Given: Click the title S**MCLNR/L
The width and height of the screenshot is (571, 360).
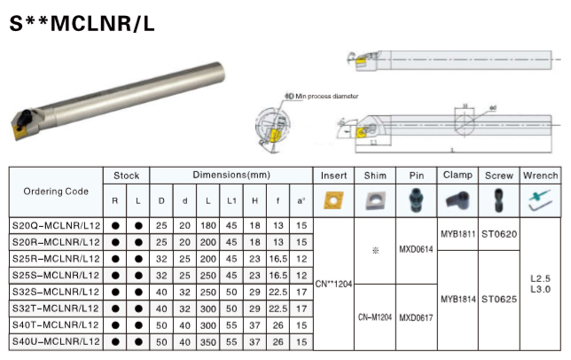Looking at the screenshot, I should pos(82,24).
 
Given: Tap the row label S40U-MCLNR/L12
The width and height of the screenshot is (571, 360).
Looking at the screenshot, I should pos(55,340).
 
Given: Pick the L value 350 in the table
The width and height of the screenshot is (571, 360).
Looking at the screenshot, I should pos(207,340).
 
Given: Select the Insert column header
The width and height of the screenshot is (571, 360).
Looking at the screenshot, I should pos(333,176).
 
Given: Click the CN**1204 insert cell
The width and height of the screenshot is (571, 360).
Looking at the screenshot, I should pos(333,284).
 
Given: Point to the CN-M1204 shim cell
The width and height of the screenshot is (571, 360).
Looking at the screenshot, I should pos(375,317).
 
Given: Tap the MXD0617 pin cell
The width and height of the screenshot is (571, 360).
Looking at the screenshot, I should pos(416,317).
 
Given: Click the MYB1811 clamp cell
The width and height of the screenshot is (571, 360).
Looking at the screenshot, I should pos(458,234).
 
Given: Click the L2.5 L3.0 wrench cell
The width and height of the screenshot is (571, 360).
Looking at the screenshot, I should pos(541,284).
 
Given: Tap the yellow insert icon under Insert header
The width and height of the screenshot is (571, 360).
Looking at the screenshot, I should pos(333,200).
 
